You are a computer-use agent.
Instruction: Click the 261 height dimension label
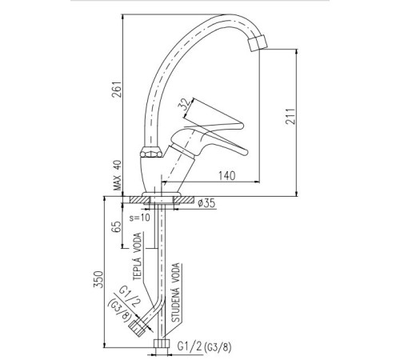(117, 89)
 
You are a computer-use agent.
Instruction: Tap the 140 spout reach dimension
(227, 176)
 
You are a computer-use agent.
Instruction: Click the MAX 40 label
(118, 175)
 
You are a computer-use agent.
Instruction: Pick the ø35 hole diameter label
(206, 203)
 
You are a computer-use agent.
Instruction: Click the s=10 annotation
(140, 218)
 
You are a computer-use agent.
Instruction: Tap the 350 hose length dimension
(98, 279)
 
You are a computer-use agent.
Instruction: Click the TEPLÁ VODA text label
(138, 256)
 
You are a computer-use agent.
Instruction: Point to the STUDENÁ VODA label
(175, 293)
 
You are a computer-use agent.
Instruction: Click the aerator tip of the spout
(258, 42)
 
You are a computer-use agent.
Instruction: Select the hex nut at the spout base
(151, 153)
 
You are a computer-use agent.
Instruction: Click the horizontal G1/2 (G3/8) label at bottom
(205, 347)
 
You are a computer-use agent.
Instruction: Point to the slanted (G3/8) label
(120, 310)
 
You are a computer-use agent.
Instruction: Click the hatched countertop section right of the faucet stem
(184, 200)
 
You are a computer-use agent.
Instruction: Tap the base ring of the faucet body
(162, 194)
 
